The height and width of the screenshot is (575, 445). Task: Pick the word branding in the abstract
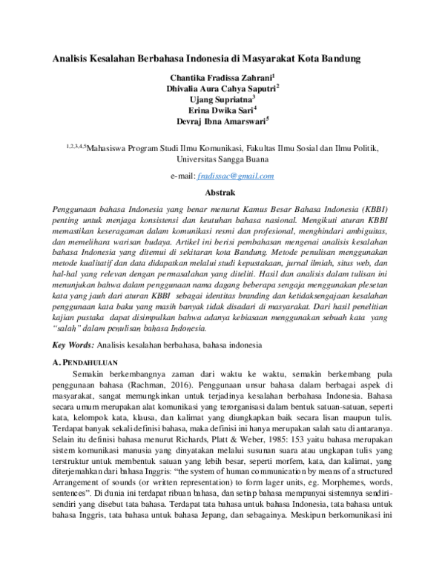pyautogui.click(x=268, y=295)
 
